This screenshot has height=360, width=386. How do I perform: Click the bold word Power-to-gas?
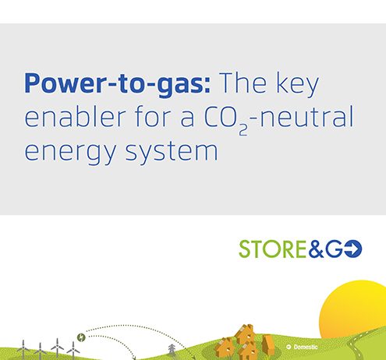point(117,83)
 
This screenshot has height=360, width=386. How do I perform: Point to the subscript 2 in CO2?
point(243,130)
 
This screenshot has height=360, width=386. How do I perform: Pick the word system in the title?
point(172,151)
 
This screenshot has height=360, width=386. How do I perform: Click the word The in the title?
point(243,83)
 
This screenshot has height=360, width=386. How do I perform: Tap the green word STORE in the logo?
point(272,249)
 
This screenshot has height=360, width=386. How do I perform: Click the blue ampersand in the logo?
point(316,249)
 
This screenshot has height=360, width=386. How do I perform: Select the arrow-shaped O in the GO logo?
point(353,249)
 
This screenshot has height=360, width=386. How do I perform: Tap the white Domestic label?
point(306,347)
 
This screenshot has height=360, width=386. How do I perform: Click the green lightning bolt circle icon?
point(81,337)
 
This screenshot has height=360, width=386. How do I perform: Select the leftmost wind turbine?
point(23,349)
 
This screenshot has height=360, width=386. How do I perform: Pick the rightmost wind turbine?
point(73,350)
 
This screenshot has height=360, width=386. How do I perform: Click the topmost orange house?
point(245,334)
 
